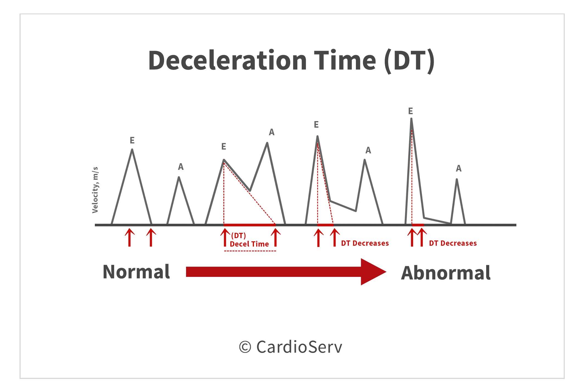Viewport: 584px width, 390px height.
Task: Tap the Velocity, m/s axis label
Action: pos(95,190)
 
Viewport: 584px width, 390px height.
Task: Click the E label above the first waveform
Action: pos(132,140)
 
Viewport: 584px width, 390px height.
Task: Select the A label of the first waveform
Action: pos(181,167)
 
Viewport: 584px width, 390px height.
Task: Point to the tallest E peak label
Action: pos(411,111)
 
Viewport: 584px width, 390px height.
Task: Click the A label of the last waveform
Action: pos(459,168)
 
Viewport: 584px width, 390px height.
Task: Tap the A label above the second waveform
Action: pos(272,132)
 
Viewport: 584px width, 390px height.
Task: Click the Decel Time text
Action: pos(249,244)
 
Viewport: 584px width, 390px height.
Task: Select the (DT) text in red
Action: pos(239,236)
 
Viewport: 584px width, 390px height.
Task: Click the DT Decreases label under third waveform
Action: pos(365,243)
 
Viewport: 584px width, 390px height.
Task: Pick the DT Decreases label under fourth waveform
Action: pos(453,243)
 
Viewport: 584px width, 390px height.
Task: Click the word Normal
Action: pos(136,272)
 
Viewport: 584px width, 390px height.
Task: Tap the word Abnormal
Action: pos(446,273)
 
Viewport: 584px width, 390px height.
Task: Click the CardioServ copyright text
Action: pos(299,347)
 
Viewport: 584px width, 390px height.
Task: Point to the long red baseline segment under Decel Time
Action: pos(249,225)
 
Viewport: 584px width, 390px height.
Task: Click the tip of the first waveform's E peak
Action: pos(132,150)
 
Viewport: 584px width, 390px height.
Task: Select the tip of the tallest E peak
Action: pos(411,119)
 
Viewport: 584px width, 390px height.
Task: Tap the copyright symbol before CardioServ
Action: pos(245,347)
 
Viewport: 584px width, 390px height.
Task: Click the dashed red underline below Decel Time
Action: pos(250,251)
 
